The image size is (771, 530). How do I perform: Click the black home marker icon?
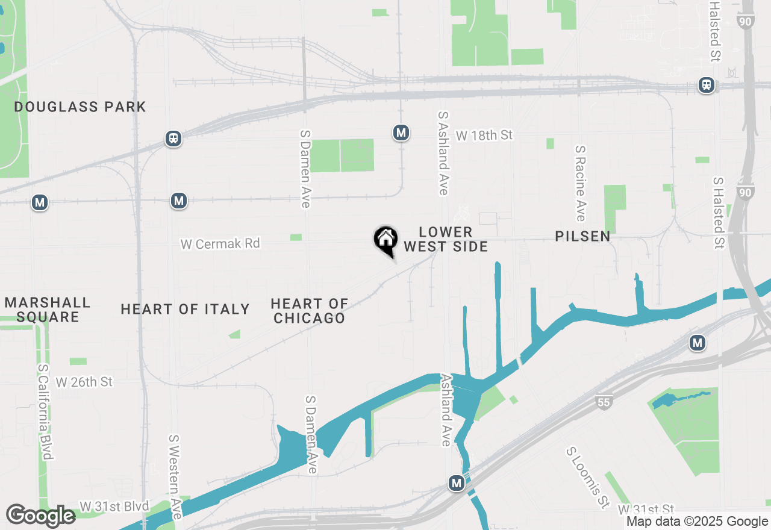click(385, 240)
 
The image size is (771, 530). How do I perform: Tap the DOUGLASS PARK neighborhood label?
click(80, 107)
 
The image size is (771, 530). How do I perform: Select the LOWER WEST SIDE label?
click(445, 239)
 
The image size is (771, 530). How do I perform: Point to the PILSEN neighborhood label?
click(582, 236)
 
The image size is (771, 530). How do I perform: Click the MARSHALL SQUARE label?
click(48, 310)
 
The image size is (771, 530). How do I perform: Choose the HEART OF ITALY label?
click(185, 310)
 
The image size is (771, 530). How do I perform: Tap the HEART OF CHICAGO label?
click(309, 311)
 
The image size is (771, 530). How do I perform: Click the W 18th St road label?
click(484, 136)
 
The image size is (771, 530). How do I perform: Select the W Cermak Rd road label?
click(220, 244)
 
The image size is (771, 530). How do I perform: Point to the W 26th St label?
click(84, 382)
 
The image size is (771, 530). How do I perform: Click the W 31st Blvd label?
click(114, 507)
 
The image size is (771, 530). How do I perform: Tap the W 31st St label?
click(645, 510)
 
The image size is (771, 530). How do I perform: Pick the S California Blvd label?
click(43, 412)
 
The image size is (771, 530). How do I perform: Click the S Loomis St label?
click(587, 476)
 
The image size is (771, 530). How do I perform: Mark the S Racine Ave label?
click(580, 183)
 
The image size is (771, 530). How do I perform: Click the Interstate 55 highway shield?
click(604, 402)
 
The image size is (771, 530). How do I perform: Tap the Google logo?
click(40, 516)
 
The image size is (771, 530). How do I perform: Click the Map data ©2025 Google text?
click(697, 522)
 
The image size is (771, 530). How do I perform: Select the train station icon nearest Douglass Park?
click(173, 139)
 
